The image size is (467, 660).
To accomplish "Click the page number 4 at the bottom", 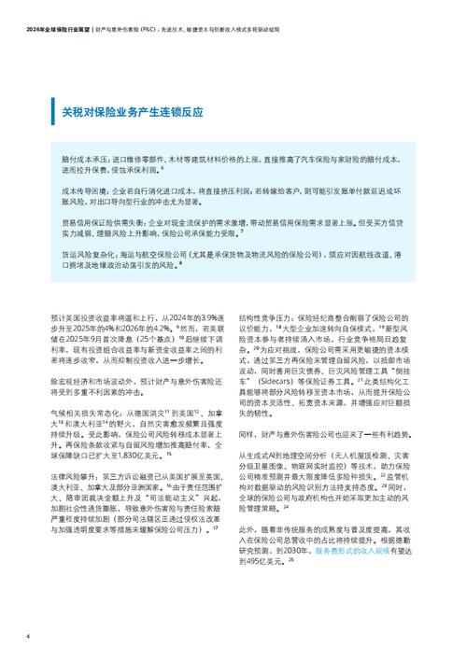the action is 28,637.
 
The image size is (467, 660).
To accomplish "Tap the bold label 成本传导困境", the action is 82,190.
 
